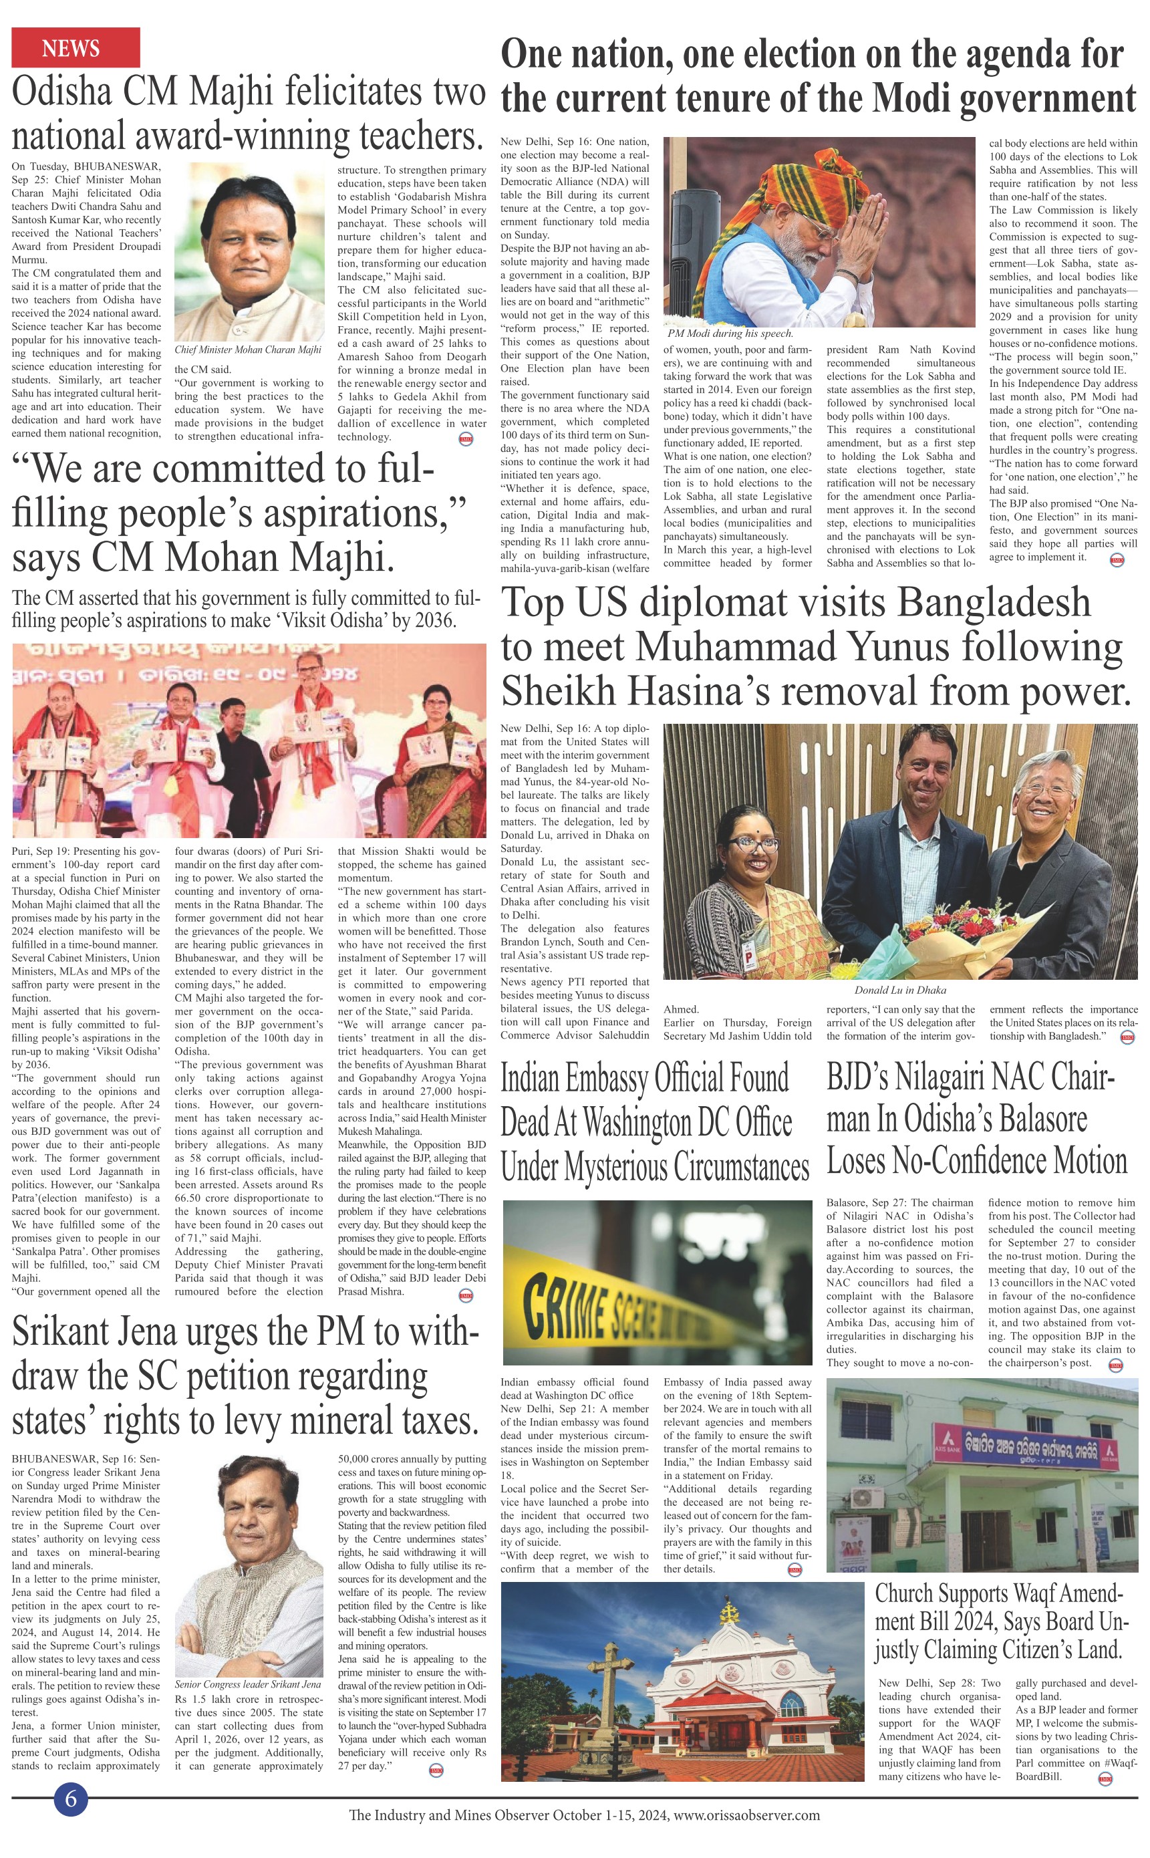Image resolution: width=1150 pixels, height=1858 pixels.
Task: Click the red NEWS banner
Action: click(76, 47)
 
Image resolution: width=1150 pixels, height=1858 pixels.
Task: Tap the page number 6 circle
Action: click(71, 1799)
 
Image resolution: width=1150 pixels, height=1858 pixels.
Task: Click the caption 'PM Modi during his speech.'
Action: click(730, 333)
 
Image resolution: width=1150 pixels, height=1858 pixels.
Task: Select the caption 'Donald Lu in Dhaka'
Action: click(900, 989)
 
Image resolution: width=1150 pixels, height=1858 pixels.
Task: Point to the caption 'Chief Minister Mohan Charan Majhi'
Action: click(248, 350)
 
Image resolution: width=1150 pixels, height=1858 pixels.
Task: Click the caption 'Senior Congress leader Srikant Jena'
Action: click(248, 1684)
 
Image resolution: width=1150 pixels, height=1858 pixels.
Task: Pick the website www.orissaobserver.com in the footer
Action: click(747, 1815)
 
